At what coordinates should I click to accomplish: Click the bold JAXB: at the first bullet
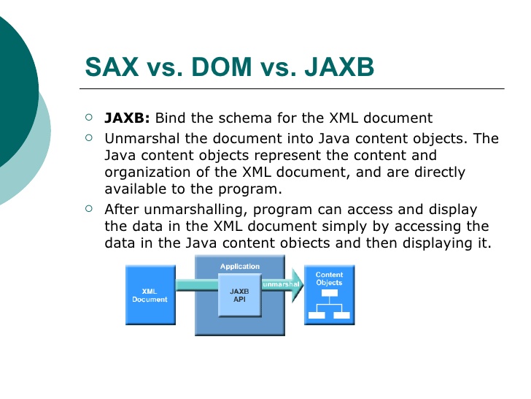tap(127, 118)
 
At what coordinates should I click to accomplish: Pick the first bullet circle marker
tap(89, 116)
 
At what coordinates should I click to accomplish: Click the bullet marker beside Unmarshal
tap(89, 137)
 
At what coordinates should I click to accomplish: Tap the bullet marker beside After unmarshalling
tap(89, 208)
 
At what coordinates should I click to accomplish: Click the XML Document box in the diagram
tap(150, 294)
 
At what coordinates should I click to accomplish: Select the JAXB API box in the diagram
tap(239, 295)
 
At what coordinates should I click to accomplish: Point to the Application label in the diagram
tap(239, 267)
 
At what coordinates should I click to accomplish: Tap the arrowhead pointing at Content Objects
tap(296, 290)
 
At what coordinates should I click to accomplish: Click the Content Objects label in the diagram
tap(329, 278)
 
